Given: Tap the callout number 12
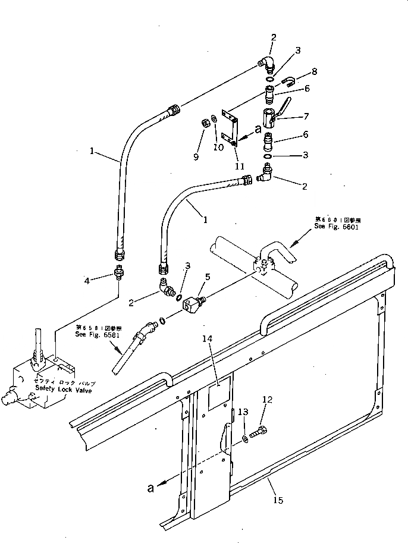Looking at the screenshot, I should click(266, 399).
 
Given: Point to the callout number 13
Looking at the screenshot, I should click(242, 412).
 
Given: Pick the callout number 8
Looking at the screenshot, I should click(314, 71).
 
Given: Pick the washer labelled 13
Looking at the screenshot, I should click(246, 440).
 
